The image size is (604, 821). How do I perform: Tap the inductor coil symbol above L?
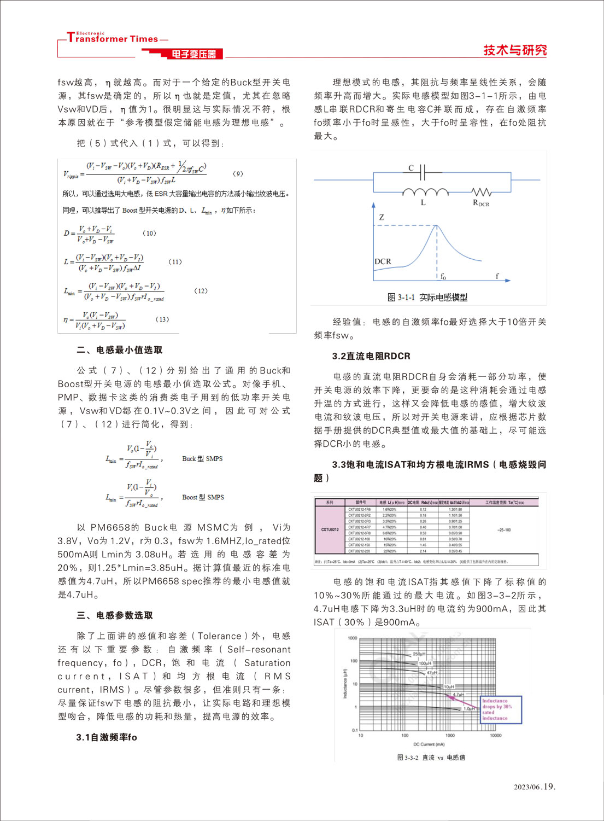pos(425,192)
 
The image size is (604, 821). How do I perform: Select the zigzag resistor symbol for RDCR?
pos(482,192)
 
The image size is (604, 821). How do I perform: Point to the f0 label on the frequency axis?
pos(443,277)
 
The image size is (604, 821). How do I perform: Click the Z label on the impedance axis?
pos(382,217)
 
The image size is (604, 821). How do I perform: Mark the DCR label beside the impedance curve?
pos(383,261)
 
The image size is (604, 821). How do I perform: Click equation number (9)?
pos(238,173)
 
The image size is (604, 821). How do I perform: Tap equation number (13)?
pos(162,319)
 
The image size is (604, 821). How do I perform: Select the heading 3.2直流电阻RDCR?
pos(371,356)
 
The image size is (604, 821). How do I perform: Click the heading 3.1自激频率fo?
pos(107,737)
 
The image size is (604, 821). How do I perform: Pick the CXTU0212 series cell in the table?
pos(330,529)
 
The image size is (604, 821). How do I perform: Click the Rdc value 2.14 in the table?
pos(423,551)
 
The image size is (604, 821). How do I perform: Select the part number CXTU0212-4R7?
pos(359,527)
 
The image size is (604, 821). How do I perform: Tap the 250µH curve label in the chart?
pos(419,654)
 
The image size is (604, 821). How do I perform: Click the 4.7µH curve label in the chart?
pos(458,695)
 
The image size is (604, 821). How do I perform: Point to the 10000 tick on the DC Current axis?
pos(495,736)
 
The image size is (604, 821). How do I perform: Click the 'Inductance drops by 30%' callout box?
pos(501,709)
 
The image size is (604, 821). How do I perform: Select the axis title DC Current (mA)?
pos(429,744)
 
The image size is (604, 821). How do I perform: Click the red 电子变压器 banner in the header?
pos(193,54)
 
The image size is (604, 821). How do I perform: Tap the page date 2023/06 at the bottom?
pos(527,787)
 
